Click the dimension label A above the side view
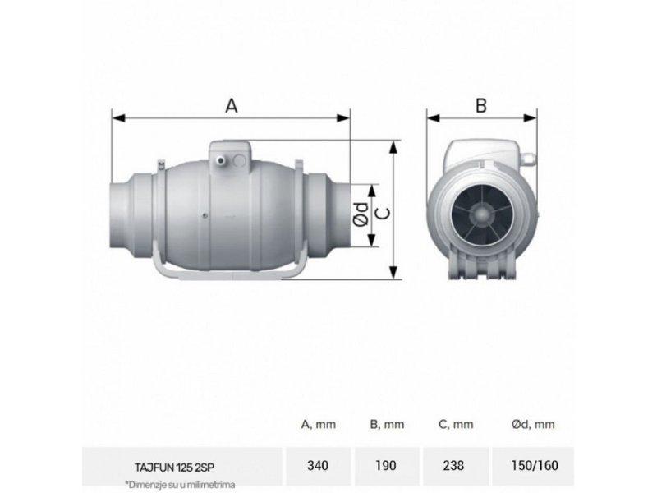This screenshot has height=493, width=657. (232, 105)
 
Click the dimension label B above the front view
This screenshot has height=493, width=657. (481, 105)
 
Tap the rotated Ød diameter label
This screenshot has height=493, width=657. (359, 215)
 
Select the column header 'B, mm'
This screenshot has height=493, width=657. (386, 424)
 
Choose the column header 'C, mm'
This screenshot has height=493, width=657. (455, 424)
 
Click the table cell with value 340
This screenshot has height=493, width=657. (317, 466)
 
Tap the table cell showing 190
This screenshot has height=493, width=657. (386, 466)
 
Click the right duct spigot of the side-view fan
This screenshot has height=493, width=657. (328, 215)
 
